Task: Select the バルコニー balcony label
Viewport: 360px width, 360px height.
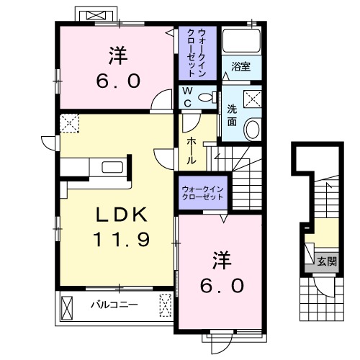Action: [113, 305]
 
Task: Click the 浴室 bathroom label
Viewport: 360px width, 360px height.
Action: [240, 68]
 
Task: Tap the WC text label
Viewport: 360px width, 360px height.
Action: [186, 97]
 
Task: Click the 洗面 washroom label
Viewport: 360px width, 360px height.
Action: [233, 114]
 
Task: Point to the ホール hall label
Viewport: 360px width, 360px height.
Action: [192, 149]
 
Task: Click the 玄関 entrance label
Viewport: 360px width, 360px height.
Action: [325, 261]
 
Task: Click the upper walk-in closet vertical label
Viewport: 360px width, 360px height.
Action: [195, 53]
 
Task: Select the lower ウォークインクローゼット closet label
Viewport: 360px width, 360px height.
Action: [202, 193]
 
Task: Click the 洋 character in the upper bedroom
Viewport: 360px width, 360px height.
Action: [120, 54]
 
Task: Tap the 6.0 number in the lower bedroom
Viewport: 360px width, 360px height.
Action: [222, 285]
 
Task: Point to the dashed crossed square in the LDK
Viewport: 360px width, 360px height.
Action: [70, 124]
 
